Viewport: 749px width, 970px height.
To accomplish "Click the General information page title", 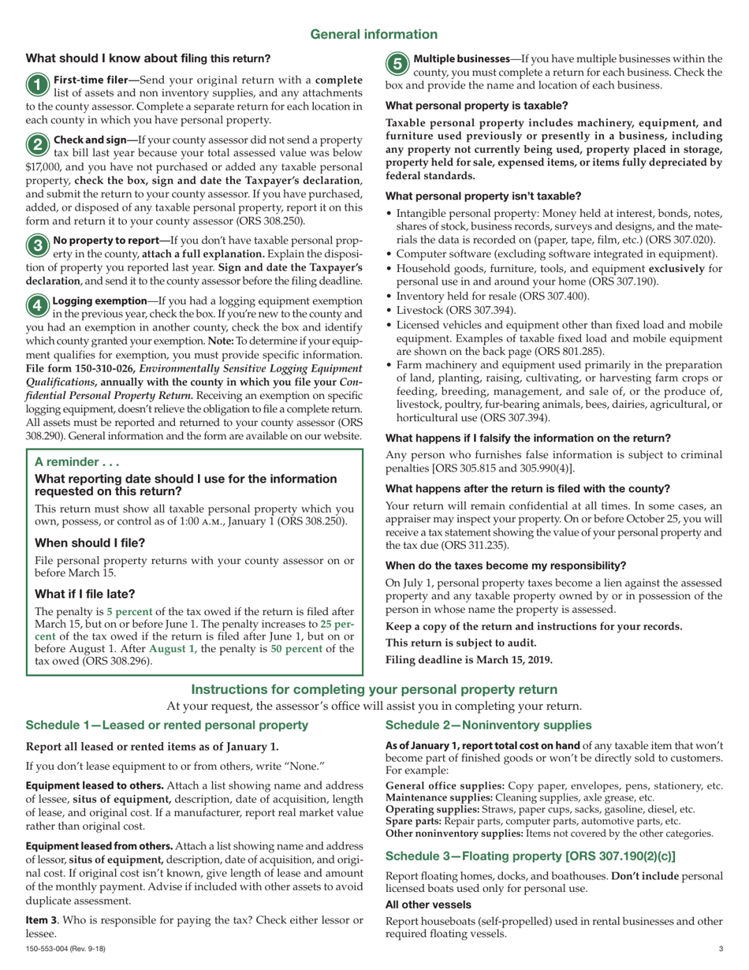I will coord(374,34).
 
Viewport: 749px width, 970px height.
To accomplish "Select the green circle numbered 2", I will coord(37,144).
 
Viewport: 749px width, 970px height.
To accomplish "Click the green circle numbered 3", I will coord(37,244).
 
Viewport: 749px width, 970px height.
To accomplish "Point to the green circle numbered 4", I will coord(37,304).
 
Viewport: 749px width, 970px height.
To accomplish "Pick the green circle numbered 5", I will coord(397,62).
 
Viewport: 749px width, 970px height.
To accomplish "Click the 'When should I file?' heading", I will coord(90,543).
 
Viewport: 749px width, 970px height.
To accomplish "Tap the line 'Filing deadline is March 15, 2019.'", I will coord(468,660).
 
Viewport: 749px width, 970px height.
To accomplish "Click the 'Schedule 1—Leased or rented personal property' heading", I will coord(166,725).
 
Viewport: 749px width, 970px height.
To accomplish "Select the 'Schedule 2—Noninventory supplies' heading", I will coord(488,725).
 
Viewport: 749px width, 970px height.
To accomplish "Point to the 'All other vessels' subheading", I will coord(428,904).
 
